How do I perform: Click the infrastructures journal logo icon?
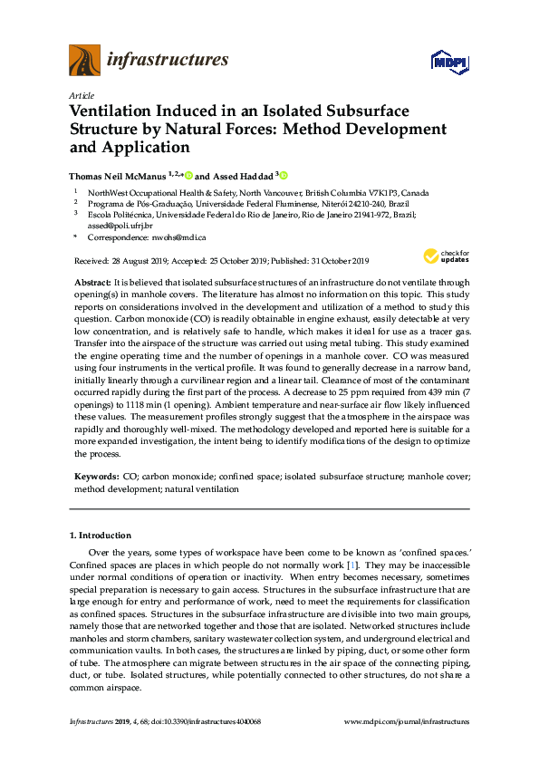coord(84,61)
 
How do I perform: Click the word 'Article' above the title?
coord(81,95)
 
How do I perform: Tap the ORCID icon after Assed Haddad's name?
coord(284,175)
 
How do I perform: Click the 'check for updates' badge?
coord(447,256)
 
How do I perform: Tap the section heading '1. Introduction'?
coord(101,536)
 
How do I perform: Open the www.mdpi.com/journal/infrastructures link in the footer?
coord(408,722)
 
